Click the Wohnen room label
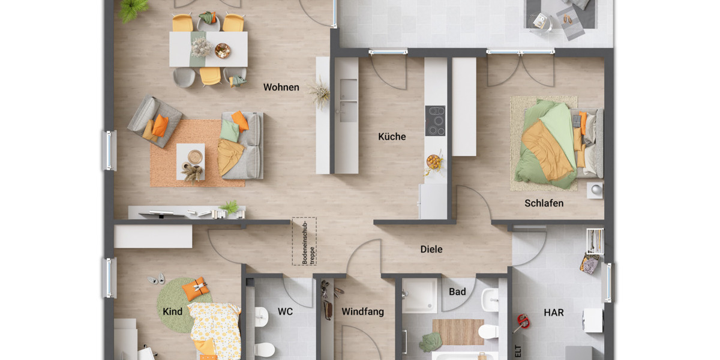pos(281,88)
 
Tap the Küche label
pos(392,137)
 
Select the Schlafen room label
pos(544,203)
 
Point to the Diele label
pos(431,249)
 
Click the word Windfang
pos(362,312)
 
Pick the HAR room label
pos(553,313)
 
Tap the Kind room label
pos(172,312)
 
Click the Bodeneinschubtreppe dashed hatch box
pos(304,241)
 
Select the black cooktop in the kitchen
pos(435,121)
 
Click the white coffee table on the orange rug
pos(190,161)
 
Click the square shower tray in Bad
pos(419,296)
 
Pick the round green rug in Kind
pos(178,303)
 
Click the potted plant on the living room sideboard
pos(230,207)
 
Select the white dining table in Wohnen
pos(208,49)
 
